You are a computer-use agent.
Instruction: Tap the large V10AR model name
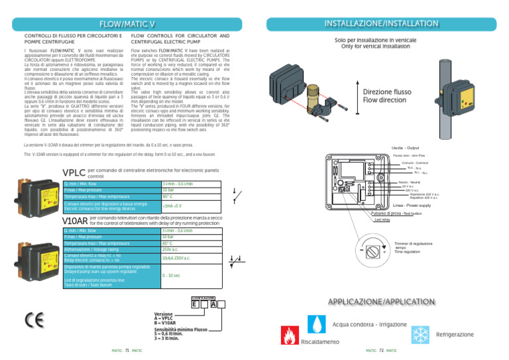(74, 219)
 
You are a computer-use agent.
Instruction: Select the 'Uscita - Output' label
(402, 149)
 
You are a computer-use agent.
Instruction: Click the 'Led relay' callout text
(382, 219)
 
